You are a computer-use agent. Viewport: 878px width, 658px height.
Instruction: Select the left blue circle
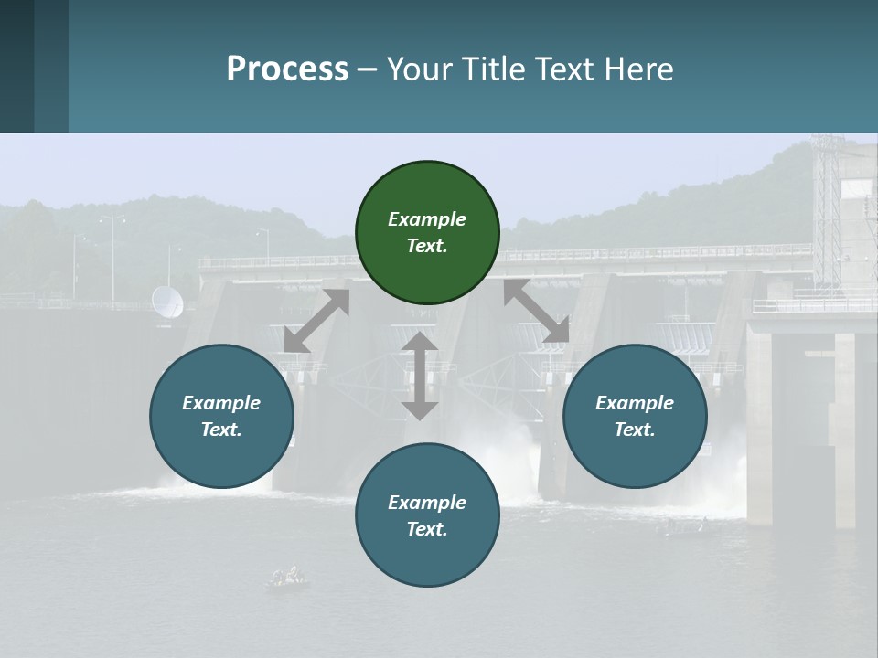(221, 416)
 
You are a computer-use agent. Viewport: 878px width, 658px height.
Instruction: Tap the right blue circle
(635, 416)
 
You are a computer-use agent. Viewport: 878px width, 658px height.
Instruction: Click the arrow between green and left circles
(316, 321)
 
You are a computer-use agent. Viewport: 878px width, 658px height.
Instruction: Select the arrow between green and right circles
(536, 312)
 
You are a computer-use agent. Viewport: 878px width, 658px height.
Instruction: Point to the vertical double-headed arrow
(420, 376)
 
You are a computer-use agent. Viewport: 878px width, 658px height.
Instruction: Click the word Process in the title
(287, 69)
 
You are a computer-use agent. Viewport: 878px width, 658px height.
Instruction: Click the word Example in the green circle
(427, 219)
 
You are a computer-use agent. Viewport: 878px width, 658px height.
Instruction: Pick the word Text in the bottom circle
(427, 529)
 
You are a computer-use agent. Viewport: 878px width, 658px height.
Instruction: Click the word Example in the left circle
(221, 403)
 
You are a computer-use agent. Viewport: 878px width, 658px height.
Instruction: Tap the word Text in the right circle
(635, 430)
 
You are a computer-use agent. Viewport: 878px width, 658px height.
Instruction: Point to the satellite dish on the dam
(166, 302)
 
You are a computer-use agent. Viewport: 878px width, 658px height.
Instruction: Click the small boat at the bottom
(287, 578)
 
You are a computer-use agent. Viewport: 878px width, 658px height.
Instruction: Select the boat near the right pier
(681, 527)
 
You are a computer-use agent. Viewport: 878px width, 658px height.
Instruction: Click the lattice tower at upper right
(826, 210)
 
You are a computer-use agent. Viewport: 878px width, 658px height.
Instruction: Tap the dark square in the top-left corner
(16, 66)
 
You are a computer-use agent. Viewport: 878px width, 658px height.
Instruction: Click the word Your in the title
(419, 69)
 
